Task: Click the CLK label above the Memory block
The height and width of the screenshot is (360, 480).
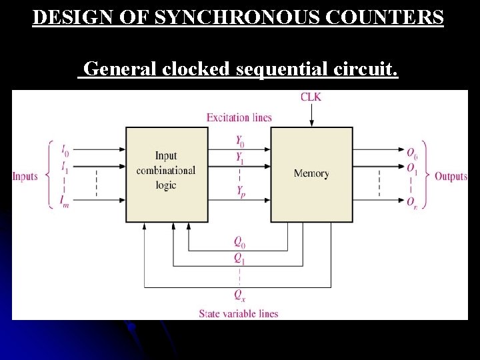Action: (311, 97)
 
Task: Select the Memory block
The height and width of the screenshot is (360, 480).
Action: (311, 174)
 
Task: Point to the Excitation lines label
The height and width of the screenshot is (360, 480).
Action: (239, 118)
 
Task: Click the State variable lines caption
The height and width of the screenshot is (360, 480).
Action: (238, 313)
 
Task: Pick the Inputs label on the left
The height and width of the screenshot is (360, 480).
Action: (25, 176)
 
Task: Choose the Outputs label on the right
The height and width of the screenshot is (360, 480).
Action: (451, 176)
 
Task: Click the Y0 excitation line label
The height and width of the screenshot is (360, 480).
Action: (240, 141)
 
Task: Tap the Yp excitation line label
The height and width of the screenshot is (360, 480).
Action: (240, 191)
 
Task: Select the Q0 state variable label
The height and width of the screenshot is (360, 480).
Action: (239, 242)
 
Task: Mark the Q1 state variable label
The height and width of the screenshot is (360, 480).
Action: (239, 259)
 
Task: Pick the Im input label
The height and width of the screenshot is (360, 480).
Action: (65, 202)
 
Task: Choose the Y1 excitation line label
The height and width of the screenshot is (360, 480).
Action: (240, 159)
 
